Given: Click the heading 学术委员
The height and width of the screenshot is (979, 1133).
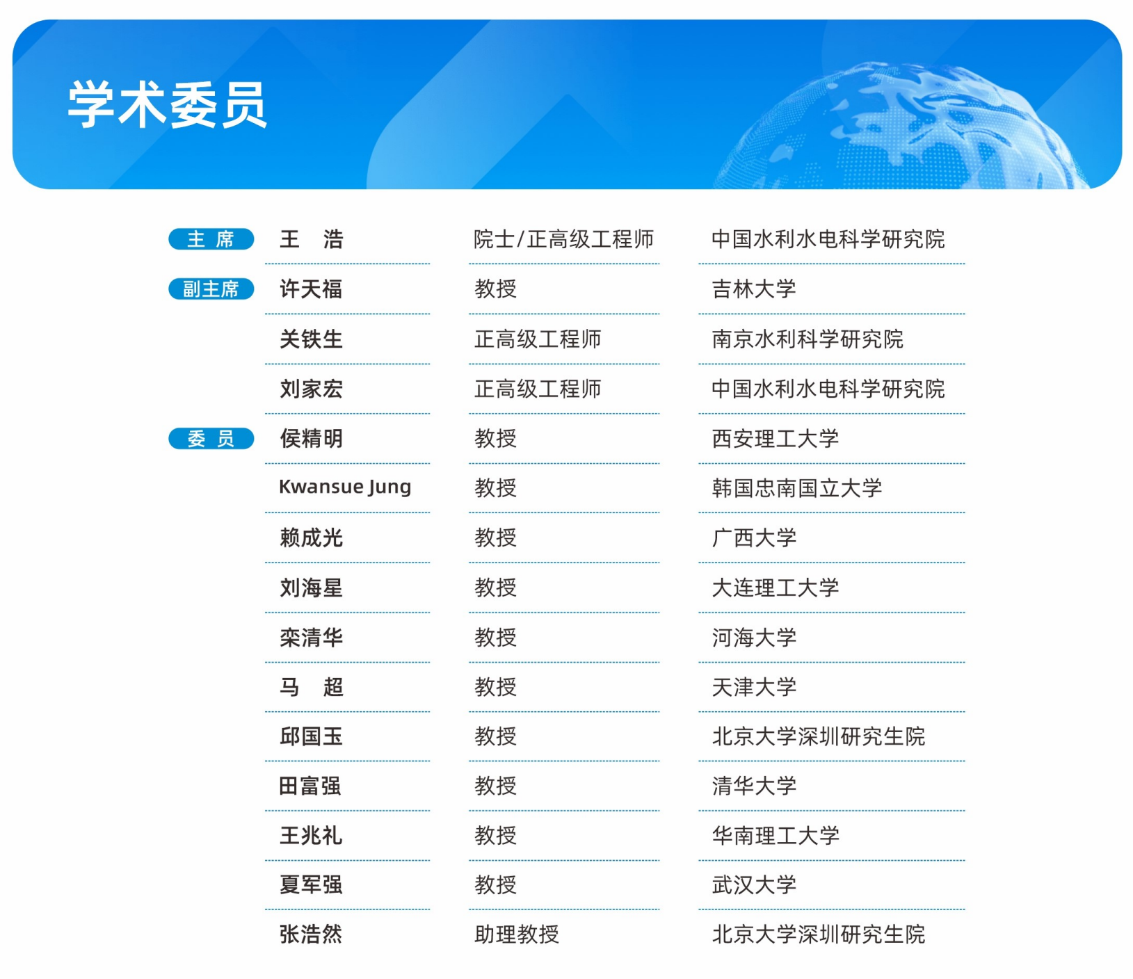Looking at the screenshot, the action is pyautogui.click(x=167, y=105).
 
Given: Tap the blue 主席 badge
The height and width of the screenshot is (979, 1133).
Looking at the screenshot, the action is pyautogui.click(x=211, y=239).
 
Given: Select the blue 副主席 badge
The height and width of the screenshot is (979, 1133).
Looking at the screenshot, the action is pyautogui.click(x=211, y=289).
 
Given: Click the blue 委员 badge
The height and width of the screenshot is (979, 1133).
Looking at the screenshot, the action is pyautogui.click(x=211, y=439).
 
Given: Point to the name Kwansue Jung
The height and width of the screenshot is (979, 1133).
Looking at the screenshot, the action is pyautogui.click(x=345, y=487).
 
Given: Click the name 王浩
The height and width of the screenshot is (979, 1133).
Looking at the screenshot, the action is pyautogui.click(x=312, y=239).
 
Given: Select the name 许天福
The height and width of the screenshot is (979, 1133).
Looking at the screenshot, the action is pyautogui.click(x=311, y=289).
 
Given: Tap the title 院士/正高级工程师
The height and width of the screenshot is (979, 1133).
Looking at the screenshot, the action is pyautogui.click(x=563, y=239).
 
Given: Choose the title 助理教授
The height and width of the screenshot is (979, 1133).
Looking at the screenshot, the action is pyautogui.click(x=517, y=934).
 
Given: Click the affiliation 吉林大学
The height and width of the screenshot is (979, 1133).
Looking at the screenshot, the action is pyautogui.click(x=754, y=289).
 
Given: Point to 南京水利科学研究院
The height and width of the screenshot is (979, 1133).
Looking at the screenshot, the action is pyautogui.click(x=807, y=339).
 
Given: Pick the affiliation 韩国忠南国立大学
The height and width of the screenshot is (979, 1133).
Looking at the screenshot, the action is pyautogui.click(x=797, y=487).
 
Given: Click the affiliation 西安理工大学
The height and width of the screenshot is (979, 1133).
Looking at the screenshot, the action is pyautogui.click(x=776, y=438).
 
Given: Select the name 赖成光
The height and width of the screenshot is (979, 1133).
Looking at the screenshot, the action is pyautogui.click(x=311, y=537).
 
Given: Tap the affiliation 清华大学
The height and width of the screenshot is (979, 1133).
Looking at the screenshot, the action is pyautogui.click(x=754, y=786).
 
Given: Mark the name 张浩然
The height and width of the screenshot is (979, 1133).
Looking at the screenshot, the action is pyautogui.click(x=311, y=934).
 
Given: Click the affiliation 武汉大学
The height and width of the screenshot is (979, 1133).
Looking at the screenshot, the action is pyautogui.click(x=754, y=884).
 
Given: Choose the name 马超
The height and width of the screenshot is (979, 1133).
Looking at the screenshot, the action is pyautogui.click(x=312, y=687).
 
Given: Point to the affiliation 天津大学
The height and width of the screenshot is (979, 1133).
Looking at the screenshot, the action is pyautogui.click(x=754, y=687).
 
